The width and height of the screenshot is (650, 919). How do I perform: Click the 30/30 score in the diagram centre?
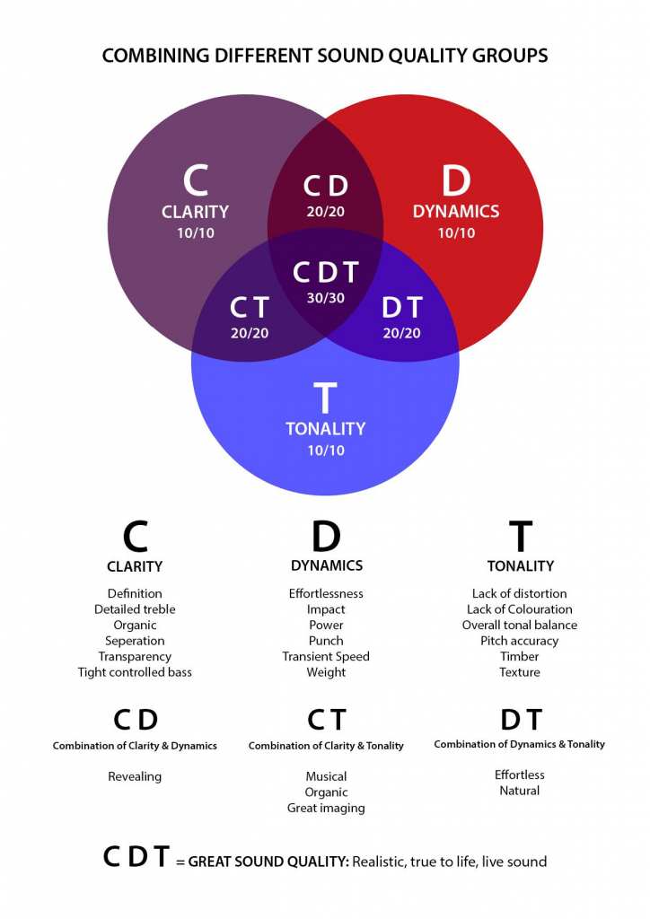325,298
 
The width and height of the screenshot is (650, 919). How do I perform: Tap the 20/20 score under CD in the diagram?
325,212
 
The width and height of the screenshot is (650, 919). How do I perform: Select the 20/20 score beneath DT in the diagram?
401,333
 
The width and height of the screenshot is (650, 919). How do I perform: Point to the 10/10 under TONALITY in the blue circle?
326,451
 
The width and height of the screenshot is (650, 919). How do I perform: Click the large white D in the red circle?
456,180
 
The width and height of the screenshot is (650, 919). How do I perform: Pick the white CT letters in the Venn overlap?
249,307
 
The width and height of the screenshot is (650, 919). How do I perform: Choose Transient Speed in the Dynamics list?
326,656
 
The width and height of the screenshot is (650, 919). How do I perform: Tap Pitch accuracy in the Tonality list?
519,641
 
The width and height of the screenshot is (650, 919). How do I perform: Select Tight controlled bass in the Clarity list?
135,672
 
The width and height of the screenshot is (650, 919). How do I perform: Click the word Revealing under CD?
135,776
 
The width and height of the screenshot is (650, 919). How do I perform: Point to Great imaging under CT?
326,809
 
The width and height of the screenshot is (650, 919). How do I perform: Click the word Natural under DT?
519,791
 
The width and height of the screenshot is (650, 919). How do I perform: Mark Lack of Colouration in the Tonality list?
519,609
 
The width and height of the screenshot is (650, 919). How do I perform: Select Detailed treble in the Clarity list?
135,609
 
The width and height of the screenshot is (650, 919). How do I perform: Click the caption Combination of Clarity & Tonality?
326,746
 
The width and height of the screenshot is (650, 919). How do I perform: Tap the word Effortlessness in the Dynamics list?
326,594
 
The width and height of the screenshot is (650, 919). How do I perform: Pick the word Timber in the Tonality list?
519,656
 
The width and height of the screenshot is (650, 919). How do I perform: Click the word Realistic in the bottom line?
379,862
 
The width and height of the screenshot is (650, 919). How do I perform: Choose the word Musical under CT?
326,776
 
